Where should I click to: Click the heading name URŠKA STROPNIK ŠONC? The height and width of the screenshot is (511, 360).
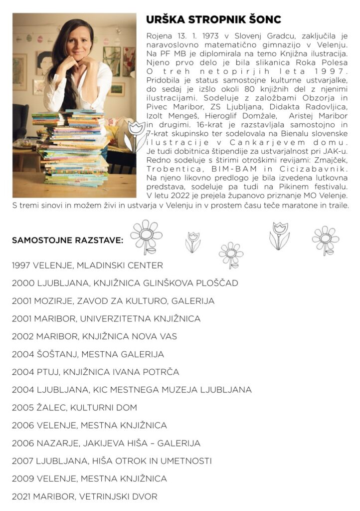pos(213,20)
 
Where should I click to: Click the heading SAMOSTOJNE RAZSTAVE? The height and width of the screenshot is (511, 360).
pos(67,241)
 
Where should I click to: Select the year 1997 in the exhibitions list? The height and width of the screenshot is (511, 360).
pos(21,265)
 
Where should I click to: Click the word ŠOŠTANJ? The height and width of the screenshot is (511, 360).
pos(54,354)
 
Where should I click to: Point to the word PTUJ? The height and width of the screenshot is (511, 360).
pos(46,372)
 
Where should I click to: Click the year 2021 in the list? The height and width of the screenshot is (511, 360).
pos(21,497)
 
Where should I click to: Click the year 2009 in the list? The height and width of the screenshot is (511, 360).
pos(21,479)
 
